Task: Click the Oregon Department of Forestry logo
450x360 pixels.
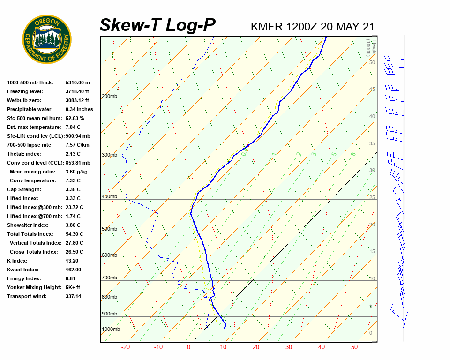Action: click(47, 39)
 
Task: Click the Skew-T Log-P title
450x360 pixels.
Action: click(157, 25)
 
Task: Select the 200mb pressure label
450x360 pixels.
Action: click(109, 97)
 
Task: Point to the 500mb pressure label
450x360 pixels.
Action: click(109, 229)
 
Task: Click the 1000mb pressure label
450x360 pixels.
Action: click(111, 330)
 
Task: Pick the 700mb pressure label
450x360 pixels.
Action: click(109, 278)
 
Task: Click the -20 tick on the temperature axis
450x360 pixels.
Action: click(126, 347)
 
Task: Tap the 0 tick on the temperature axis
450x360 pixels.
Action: click(188, 347)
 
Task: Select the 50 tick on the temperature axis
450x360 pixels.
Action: click(354, 347)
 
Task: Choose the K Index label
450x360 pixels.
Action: click(17, 261)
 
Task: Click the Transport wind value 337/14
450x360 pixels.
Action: click(74, 296)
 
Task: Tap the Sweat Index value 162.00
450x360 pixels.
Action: click(74, 270)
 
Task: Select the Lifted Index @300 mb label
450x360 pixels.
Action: click(31, 207)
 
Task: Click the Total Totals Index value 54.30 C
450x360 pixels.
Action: click(75, 234)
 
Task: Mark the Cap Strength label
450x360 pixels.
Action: click(24, 189)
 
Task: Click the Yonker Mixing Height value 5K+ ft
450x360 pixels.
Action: click(73, 287)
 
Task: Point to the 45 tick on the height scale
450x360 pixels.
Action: click(372, 90)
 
